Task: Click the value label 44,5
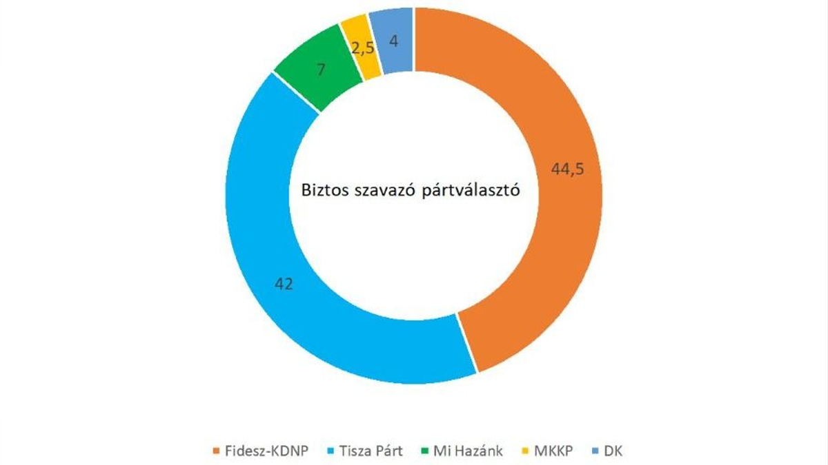click(568, 169)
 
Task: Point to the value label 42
click(283, 284)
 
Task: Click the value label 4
click(393, 41)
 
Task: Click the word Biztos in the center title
click(325, 191)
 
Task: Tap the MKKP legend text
click(553, 452)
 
